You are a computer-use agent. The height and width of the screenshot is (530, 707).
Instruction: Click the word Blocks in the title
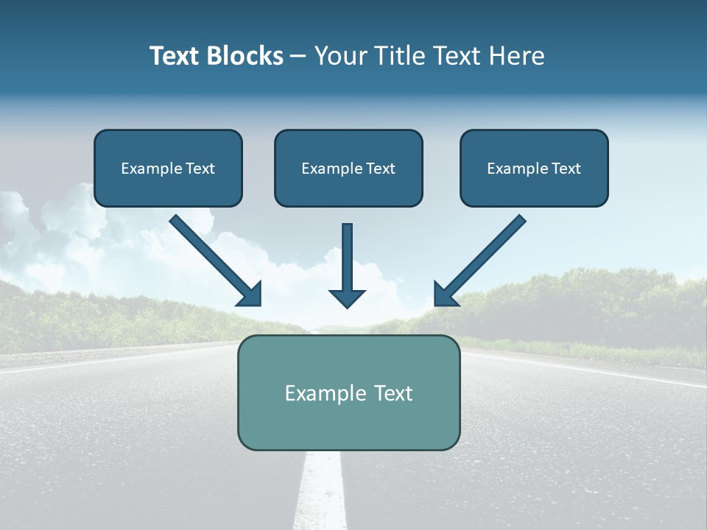[x=245, y=56]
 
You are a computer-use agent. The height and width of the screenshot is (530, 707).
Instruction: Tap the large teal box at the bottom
[x=348, y=423]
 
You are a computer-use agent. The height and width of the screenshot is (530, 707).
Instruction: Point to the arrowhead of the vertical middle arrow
[x=347, y=297]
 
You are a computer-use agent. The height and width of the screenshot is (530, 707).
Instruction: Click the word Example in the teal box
[x=315, y=393]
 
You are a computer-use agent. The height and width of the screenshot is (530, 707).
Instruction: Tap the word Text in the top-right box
[x=566, y=169]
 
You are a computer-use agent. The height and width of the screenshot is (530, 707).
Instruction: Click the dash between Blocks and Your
[x=298, y=57]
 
